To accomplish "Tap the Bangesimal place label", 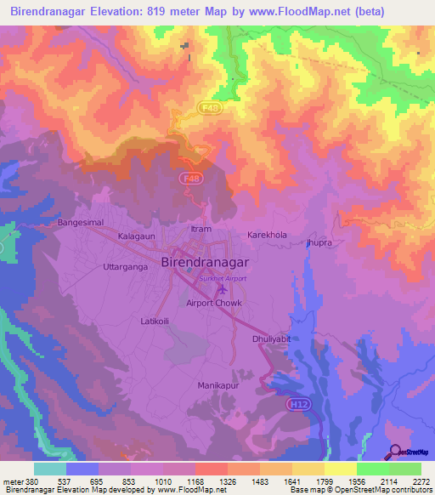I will [80, 222].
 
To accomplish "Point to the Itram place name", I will [200, 230].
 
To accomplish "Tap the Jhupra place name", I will [319, 243].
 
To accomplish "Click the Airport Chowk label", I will [214, 303].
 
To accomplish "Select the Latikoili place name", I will [157, 321].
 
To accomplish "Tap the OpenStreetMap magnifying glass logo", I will [394, 452].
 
